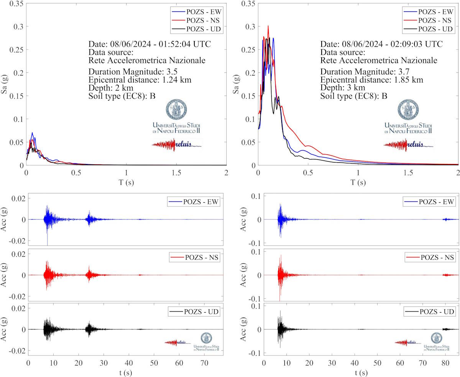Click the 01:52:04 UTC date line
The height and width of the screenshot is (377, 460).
coord(149,44)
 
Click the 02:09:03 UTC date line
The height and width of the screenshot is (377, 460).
coord(381,44)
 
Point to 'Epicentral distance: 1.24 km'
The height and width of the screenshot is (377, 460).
coord(140,80)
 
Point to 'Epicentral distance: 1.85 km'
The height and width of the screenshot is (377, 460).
coord(372,80)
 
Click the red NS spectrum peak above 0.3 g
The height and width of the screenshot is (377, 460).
coord(268,26)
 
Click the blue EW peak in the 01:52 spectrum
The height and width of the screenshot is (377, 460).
coord(32,133)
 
